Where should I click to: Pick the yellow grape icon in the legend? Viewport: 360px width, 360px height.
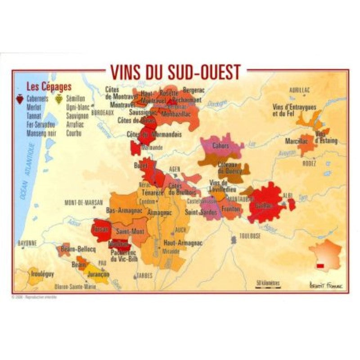[x=59, y=98]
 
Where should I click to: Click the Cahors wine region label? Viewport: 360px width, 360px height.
[x=221, y=146]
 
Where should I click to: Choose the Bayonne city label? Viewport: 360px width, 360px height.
[x=27, y=243]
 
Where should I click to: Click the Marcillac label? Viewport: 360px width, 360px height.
[x=296, y=141]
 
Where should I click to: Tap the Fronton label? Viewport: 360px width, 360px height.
[x=230, y=209]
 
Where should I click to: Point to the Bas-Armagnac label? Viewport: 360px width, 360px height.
[x=124, y=210]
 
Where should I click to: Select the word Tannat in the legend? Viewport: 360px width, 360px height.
[x=34, y=116]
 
